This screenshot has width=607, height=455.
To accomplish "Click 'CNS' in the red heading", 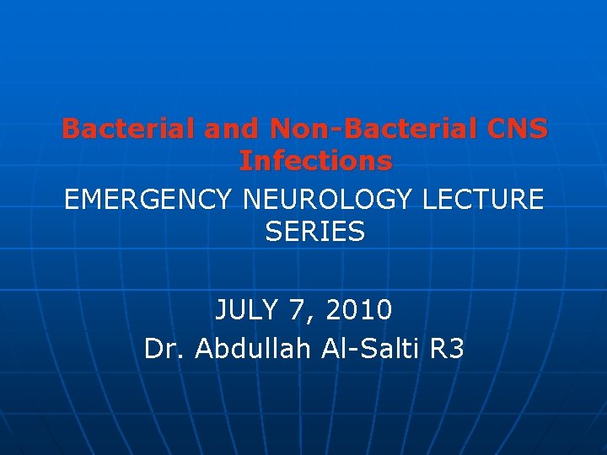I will click(516, 130).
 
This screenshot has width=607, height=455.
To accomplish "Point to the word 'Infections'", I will click(315, 160).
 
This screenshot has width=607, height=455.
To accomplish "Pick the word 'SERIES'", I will click(315, 231).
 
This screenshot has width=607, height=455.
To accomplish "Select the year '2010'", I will click(360, 311).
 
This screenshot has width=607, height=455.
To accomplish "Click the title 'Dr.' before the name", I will click(165, 348).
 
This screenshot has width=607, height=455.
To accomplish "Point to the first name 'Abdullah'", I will click(254, 348).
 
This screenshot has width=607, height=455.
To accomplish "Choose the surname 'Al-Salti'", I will click(371, 348).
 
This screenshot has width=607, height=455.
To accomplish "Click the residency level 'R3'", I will click(447, 348).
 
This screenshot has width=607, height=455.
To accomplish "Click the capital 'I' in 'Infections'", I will click(244, 160).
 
